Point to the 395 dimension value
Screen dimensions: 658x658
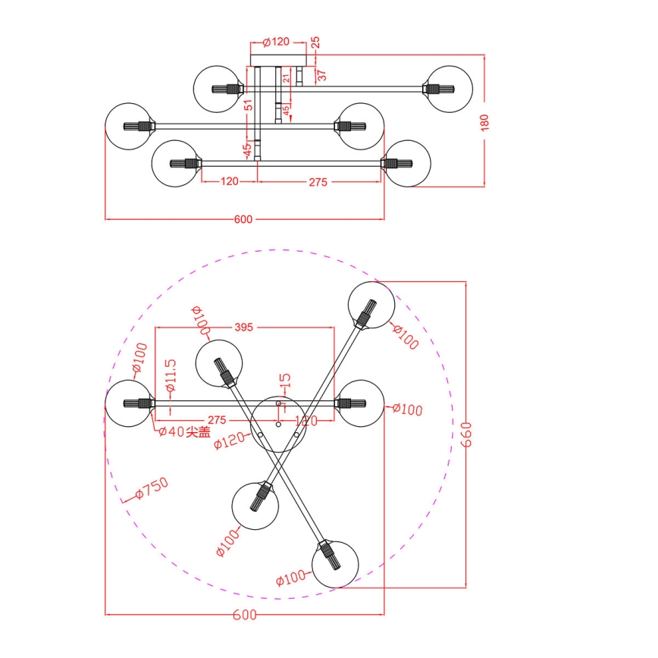pos(243,327)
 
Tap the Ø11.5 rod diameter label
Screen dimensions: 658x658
pos(171,379)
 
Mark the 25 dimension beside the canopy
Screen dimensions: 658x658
pos(316,43)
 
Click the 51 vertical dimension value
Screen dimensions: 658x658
pos(248,105)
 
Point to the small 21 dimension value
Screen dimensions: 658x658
pos(287,78)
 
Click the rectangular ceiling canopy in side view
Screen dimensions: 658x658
pos(278,58)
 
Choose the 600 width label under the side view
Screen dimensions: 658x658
pos(243,220)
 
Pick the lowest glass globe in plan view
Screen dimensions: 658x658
pos(334,563)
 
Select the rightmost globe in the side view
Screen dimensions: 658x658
pos(449,89)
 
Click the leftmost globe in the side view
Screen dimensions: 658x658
pos(127,125)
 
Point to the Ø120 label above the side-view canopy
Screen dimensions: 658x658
pos(277,42)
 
